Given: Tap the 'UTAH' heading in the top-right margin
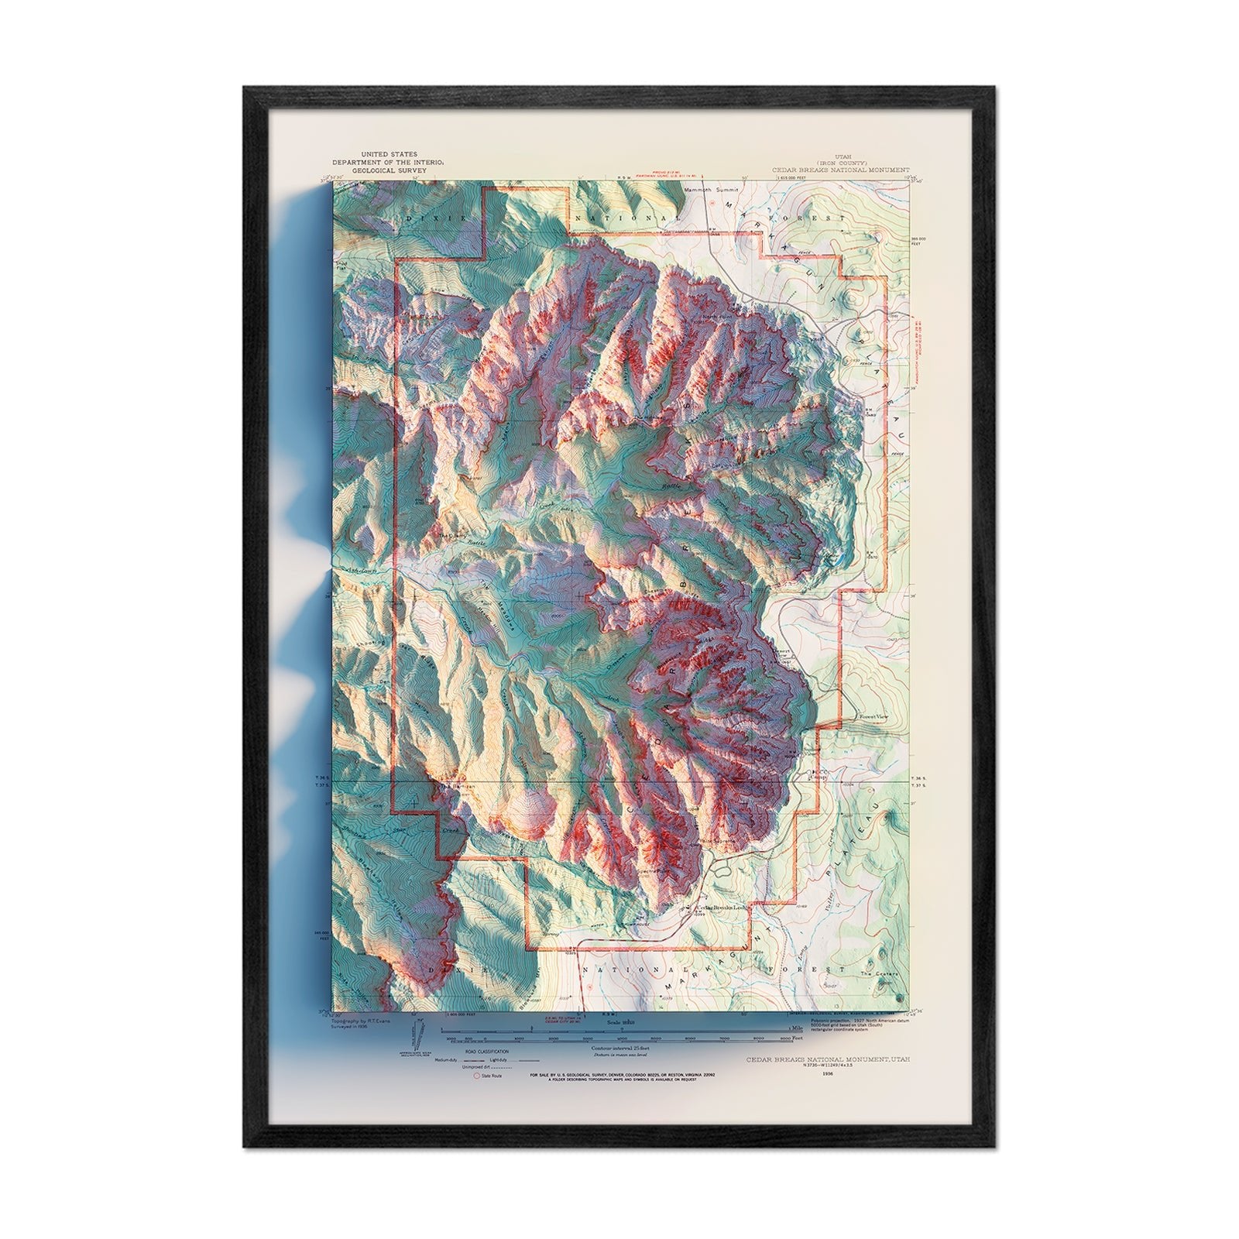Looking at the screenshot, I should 841,156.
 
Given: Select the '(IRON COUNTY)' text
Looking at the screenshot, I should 841,162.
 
